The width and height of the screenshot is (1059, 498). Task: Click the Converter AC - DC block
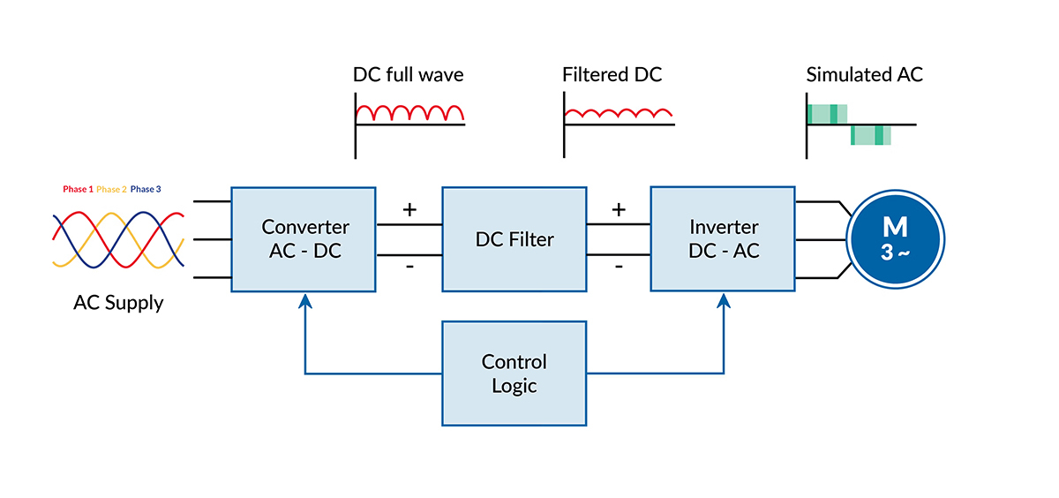click(305, 238)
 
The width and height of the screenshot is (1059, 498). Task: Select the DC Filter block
click(514, 238)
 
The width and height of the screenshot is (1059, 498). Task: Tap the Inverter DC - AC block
click(724, 238)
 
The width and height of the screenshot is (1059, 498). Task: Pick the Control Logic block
click(514, 373)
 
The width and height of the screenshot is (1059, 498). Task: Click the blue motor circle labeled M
click(896, 239)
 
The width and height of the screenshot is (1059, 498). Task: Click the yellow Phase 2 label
click(111, 189)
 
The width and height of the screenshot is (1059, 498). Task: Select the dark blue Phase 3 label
click(146, 189)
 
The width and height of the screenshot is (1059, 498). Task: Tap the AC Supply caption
click(118, 303)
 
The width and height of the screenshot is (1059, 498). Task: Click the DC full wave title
click(408, 75)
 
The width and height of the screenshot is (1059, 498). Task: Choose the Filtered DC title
click(612, 75)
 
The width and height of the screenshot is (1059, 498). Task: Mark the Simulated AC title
click(864, 75)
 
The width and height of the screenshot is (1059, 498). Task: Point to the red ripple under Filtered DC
click(619, 113)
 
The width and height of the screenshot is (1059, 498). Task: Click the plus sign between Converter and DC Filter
click(409, 210)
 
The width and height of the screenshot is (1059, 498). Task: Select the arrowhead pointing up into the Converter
click(304, 301)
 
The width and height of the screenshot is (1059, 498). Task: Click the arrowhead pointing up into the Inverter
click(724, 301)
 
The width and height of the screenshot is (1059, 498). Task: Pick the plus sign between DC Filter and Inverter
click(619, 210)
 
